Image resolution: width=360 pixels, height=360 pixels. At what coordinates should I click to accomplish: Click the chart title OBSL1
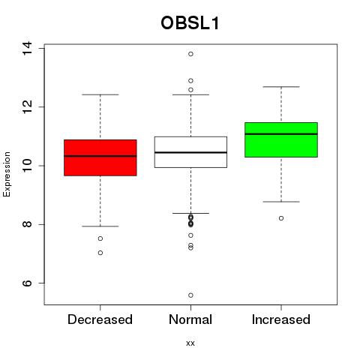click(190, 23)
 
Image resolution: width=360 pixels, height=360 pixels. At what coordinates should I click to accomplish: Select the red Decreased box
click(100, 157)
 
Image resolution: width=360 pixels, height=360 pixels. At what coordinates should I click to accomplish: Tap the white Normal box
click(190, 152)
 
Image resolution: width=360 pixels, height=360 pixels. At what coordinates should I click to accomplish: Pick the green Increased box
click(281, 139)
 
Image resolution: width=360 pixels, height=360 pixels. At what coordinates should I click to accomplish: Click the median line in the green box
click(281, 134)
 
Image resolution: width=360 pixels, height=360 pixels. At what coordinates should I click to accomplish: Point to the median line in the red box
click(100, 156)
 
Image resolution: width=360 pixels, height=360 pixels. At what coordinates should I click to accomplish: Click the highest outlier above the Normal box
click(190, 54)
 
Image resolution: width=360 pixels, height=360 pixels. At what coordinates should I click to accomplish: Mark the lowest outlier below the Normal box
click(190, 295)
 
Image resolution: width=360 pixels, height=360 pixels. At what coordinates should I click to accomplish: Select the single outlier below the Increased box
click(281, 218)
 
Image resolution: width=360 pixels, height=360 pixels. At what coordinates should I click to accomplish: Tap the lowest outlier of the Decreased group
click(100, 253)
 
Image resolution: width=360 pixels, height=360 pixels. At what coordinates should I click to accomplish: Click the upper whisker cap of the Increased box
click(281, 87)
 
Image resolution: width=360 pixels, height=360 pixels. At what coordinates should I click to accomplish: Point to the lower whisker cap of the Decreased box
click(100, 226)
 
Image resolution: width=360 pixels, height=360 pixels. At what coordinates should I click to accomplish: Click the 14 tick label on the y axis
click(27, 48)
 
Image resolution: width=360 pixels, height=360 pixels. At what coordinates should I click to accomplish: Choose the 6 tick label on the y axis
click(27, 283)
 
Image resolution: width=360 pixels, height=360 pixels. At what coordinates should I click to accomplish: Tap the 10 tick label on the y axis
click(27, 166)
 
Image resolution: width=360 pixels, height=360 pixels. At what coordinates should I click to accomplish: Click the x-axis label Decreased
click(100, 319)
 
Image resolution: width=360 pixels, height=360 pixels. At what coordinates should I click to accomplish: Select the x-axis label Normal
click(190, 319)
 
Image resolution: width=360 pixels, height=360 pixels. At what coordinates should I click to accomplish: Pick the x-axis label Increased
click(281, 319)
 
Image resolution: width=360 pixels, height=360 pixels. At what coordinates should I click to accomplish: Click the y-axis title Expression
click(7, 174)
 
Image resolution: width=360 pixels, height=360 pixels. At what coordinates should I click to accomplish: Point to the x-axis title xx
click(190, 343)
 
